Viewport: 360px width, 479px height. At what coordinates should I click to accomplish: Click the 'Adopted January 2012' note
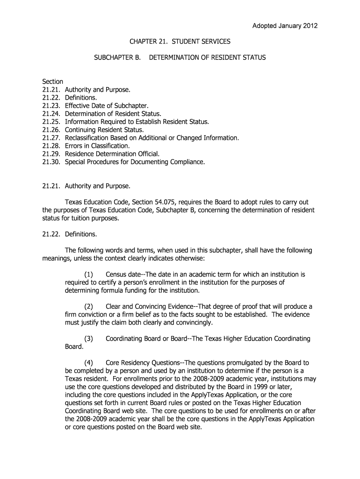click(x=285, y=26)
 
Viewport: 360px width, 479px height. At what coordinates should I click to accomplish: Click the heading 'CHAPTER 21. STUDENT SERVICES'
click(x=180, y=42)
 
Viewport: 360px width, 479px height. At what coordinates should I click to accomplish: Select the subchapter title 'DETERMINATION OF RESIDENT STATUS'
click(x=207, y=58)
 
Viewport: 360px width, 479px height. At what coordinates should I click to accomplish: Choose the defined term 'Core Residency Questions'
click(x=143, y=363)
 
